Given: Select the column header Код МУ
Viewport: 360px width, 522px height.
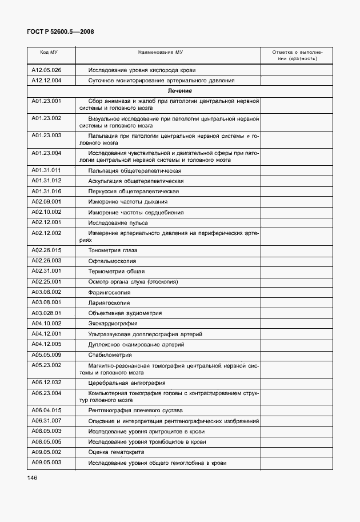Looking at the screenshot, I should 49,52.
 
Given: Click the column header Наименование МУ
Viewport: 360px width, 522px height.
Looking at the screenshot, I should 161,52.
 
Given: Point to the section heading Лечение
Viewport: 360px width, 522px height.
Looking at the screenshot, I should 179,91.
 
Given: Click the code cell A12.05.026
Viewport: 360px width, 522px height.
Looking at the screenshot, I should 46,70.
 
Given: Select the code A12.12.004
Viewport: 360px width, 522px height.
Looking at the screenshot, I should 46,81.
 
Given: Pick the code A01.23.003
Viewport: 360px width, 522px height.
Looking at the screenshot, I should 46,136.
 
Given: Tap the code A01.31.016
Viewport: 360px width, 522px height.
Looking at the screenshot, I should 46,192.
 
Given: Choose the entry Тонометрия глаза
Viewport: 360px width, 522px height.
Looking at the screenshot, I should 113,250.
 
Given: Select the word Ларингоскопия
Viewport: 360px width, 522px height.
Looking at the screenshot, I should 109,302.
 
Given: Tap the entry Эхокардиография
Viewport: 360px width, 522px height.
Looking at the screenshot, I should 113,324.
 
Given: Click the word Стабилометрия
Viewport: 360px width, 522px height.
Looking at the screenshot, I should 110,355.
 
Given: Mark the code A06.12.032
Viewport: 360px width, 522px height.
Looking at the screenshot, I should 46,382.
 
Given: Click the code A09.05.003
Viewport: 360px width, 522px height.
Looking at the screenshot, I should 46,462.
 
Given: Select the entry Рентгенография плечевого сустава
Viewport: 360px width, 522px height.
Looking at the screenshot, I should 135,411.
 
